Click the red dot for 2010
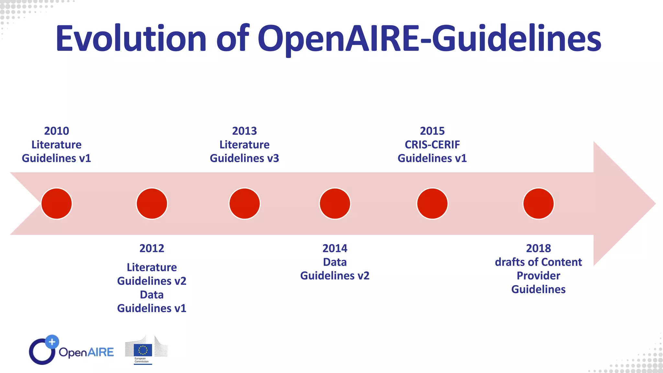pyautogui.click(x=57, y=204)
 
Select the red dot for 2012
pyautogui.click(x=152, y=204)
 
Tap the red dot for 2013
pyautogui.click(x=244, y=204)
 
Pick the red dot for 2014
pyautogui.click(x=335, y=204)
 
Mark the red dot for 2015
pyautogui.click(x=432, y=204)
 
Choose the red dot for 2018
pyautogui.click(x=538, y=204)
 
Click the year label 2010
pyautogui.click(x=57, y=131)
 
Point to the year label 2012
pyautogui.click(x=152, y=248)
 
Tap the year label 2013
pyautogui.click(x=244, y=131)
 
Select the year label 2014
pyautogui.click(x=335, y=248)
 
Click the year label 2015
pyautogui.click(x=432, y=131)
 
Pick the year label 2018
pyautogui.click(x=538, y=248)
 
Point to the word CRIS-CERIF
pyautogui.click(x=432, y=145)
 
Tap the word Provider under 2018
pyautogui.click(x=538, y=276)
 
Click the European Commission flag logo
pyautogui.click(x=143, y=350)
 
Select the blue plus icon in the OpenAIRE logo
pyautogui.click(x=52, y=342)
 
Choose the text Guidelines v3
pyautogui.click(x=244, y=158)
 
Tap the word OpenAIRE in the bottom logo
pyautogui.click(x=86, y=352)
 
